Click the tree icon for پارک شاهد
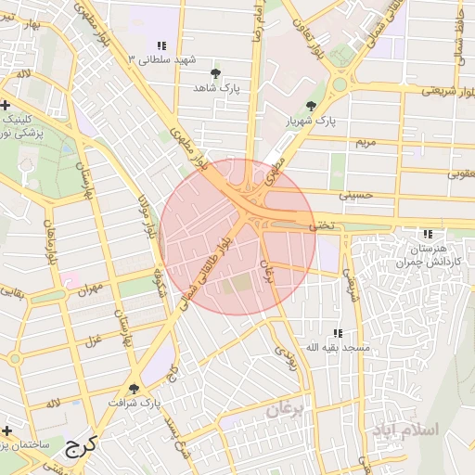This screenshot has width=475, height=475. pyautogui.click(x=216, y=71)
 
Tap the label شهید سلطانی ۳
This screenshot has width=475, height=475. pyautogui.click(x=163, y=59)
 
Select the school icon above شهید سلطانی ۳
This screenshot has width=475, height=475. pyautogui.click(x=162, y=45)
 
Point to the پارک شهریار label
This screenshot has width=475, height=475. pyautogui.click(x=311, y=121)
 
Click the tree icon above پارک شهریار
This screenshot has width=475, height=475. pyautogui.click(x=311, y=106)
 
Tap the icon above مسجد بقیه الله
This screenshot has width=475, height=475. pyautogui.click(x=338, y=332)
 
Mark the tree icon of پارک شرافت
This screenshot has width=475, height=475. pyautogui.click(x=135, y=389)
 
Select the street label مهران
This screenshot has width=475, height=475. pyautogui.click(x=89, y=289)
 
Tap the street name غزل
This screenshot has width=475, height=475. pyautogui.click(x=92, y=340)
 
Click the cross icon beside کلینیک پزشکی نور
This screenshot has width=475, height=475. pyautogui.click(x=7, y=104)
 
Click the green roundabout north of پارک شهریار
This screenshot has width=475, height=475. pyautogui.click(x=340, y=84)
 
